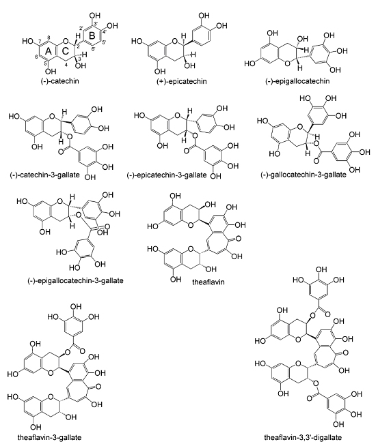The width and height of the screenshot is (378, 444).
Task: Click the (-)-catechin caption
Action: tap(60, 81)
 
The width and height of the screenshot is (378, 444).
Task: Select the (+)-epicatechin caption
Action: tap(182, 82)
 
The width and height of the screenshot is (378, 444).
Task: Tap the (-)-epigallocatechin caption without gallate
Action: tap(297, 81)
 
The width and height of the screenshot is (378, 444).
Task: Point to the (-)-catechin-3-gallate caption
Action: tap(45, 175)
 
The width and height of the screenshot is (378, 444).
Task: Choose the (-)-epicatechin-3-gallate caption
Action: tap(167, 175)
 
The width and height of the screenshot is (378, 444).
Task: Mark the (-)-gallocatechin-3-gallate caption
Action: tap(303, 175)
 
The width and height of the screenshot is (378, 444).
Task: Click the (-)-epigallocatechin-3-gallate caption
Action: tap(75, 280)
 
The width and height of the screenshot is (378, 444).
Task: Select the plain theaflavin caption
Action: tap(208, 282)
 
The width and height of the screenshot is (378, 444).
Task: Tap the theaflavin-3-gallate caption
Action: tap(49, 437)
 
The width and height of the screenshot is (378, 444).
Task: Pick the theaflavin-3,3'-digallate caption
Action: tap(303, 437)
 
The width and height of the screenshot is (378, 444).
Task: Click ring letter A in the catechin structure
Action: tap(49, 51)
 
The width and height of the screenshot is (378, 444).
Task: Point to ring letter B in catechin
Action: tap(92, 36)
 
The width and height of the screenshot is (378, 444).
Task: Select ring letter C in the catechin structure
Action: tap(65, 51)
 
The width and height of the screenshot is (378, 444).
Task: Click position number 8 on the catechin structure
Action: tap(49, 38)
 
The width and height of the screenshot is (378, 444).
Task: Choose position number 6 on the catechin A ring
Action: tap(36, 57)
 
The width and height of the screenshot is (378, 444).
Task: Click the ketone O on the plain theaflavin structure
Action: tap(238, 239)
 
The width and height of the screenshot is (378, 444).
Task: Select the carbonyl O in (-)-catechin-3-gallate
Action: tap(61, 152)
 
